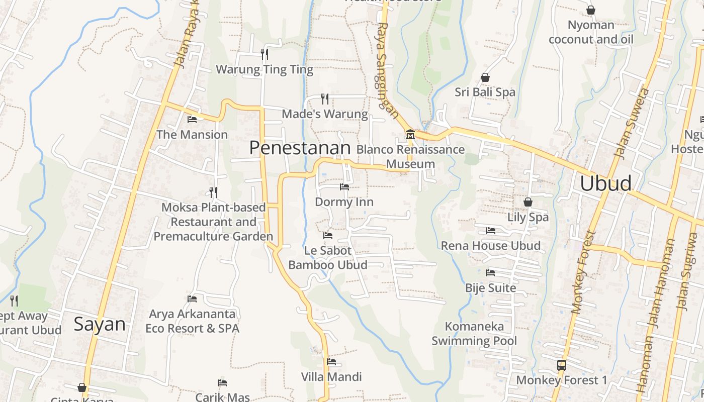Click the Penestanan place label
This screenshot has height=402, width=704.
click(300, 148)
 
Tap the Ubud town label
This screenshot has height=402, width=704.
click(605, 184)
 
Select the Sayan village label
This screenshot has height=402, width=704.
click(100, 324)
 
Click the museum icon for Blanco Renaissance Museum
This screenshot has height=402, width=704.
click(410, 135)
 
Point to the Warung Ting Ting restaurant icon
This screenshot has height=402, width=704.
click(265, 54)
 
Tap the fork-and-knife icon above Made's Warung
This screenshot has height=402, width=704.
click(325, 98)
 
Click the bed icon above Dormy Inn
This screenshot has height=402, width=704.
click(344, 187)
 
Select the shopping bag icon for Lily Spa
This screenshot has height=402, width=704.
click(527, 202)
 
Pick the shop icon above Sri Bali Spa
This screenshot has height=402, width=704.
click(485, 77)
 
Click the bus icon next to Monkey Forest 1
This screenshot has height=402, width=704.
click(562, 365)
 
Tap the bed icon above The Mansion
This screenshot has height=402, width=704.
click(192, 120)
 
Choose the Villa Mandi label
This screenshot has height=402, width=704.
click(331, 377)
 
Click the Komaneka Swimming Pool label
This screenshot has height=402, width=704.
click(474, 334)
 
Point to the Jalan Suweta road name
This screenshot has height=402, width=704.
click(632, 124)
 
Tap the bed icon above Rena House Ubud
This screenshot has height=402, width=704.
click(491, 231)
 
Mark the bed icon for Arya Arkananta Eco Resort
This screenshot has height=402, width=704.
click(192, 299)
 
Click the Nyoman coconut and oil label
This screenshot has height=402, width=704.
click(591, 32)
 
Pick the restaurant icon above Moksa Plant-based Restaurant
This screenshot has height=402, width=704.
click(213, 192)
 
